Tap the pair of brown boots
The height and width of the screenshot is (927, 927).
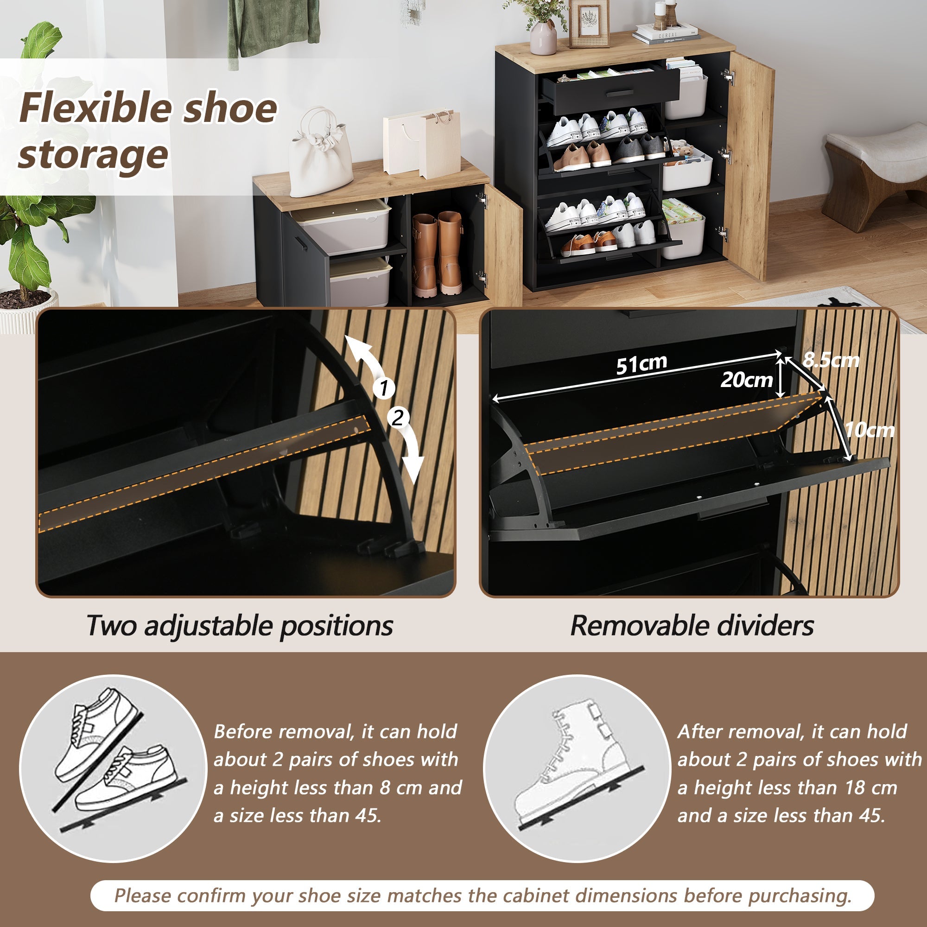438,254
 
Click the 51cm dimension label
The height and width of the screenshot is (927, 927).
641,364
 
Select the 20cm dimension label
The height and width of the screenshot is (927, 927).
747,380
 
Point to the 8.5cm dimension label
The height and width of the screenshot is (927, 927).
832,359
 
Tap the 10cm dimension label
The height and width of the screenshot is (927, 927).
870,430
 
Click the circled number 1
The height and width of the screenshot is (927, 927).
384,387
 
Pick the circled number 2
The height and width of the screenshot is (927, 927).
398,418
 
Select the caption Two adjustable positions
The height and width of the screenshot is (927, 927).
240,626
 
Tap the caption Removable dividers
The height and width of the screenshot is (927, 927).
692,626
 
